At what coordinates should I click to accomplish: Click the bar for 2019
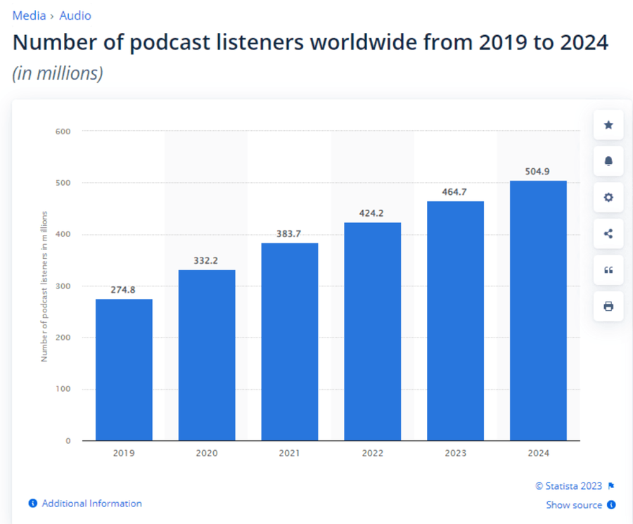124,369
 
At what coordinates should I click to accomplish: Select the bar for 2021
289,341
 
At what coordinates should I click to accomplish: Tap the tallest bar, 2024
538,310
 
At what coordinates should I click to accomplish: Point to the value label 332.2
206,260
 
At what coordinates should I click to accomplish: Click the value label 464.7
455,191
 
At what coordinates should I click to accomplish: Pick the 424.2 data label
372,213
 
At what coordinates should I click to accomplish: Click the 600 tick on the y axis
63,131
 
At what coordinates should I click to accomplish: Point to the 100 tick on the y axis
63,389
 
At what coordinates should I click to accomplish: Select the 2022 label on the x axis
372,454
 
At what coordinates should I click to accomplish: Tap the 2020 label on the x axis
206,454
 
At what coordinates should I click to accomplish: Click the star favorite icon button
608,125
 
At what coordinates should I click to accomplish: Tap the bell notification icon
608,161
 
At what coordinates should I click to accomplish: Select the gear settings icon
608,198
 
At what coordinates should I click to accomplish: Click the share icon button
608,234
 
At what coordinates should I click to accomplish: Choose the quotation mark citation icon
608,270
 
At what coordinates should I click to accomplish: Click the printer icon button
608,306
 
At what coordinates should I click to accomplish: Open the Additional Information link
91,504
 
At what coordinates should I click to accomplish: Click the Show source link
574,505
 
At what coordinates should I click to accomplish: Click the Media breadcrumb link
29,15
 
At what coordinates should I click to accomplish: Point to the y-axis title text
44,286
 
